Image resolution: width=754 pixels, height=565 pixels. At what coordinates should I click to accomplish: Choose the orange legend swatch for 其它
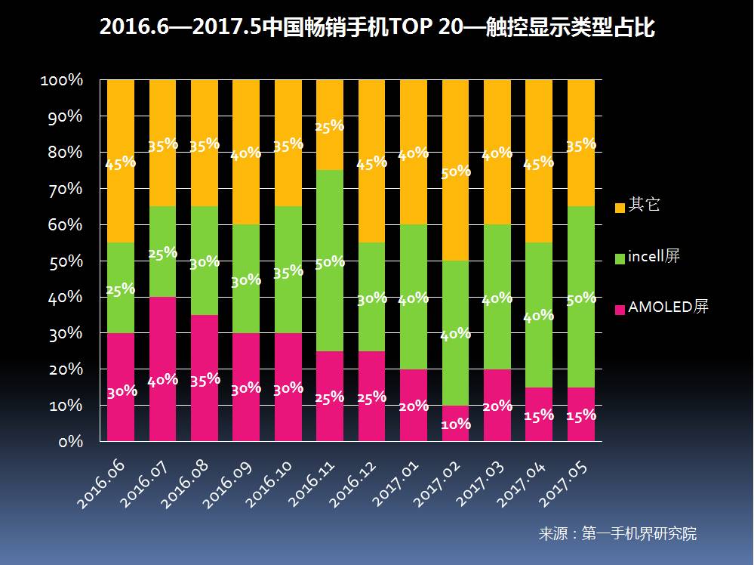[620, 206]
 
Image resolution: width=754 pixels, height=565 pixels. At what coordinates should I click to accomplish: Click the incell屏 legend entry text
[654, 257]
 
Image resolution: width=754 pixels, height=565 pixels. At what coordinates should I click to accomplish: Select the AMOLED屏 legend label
[668, 307]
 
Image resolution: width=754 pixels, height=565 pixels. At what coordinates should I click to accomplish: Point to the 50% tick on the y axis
[66, 261]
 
